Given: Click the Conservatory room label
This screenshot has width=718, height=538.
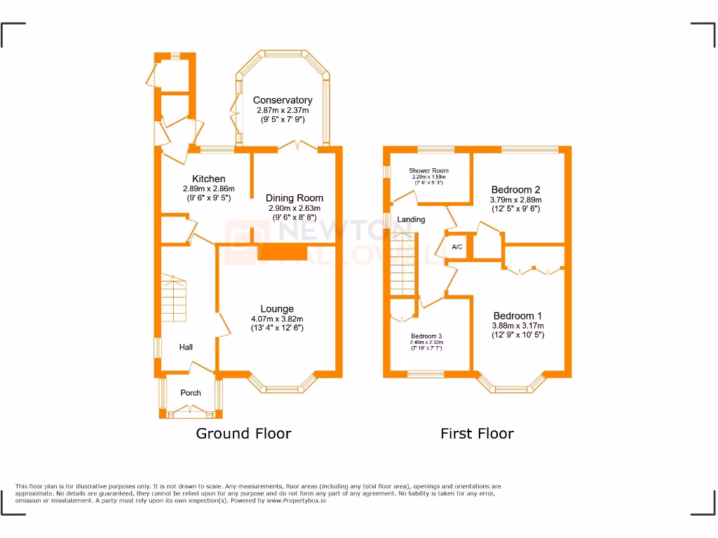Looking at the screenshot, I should [283, 100].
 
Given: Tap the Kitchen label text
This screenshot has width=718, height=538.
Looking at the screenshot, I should [209, 179].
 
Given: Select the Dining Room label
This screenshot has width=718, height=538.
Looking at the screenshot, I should [294, 198].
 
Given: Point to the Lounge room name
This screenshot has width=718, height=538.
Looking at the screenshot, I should [277, 309].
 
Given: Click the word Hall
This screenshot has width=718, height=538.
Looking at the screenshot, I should [186, 347].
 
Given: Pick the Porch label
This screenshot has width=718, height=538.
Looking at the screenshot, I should [191, 393].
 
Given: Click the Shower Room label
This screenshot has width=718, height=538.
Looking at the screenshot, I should [429, 171].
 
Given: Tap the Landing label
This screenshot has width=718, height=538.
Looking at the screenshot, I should [411, 219].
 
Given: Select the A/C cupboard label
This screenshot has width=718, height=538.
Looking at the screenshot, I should [457, 247].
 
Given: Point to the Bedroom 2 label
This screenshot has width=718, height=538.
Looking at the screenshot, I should [515, 190].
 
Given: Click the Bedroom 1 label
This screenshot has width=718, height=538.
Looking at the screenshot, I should [517, 316].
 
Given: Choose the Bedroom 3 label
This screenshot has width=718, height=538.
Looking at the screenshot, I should [426, 336].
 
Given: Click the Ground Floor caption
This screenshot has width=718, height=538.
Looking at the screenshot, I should [243, 434].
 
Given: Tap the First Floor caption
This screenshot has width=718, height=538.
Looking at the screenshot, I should [477, 434].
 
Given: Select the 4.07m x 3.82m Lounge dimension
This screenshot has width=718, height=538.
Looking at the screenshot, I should [277, 319].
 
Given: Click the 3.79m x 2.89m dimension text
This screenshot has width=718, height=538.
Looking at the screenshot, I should [515, 200].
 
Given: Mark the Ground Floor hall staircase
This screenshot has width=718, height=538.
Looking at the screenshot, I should [174, 298].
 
